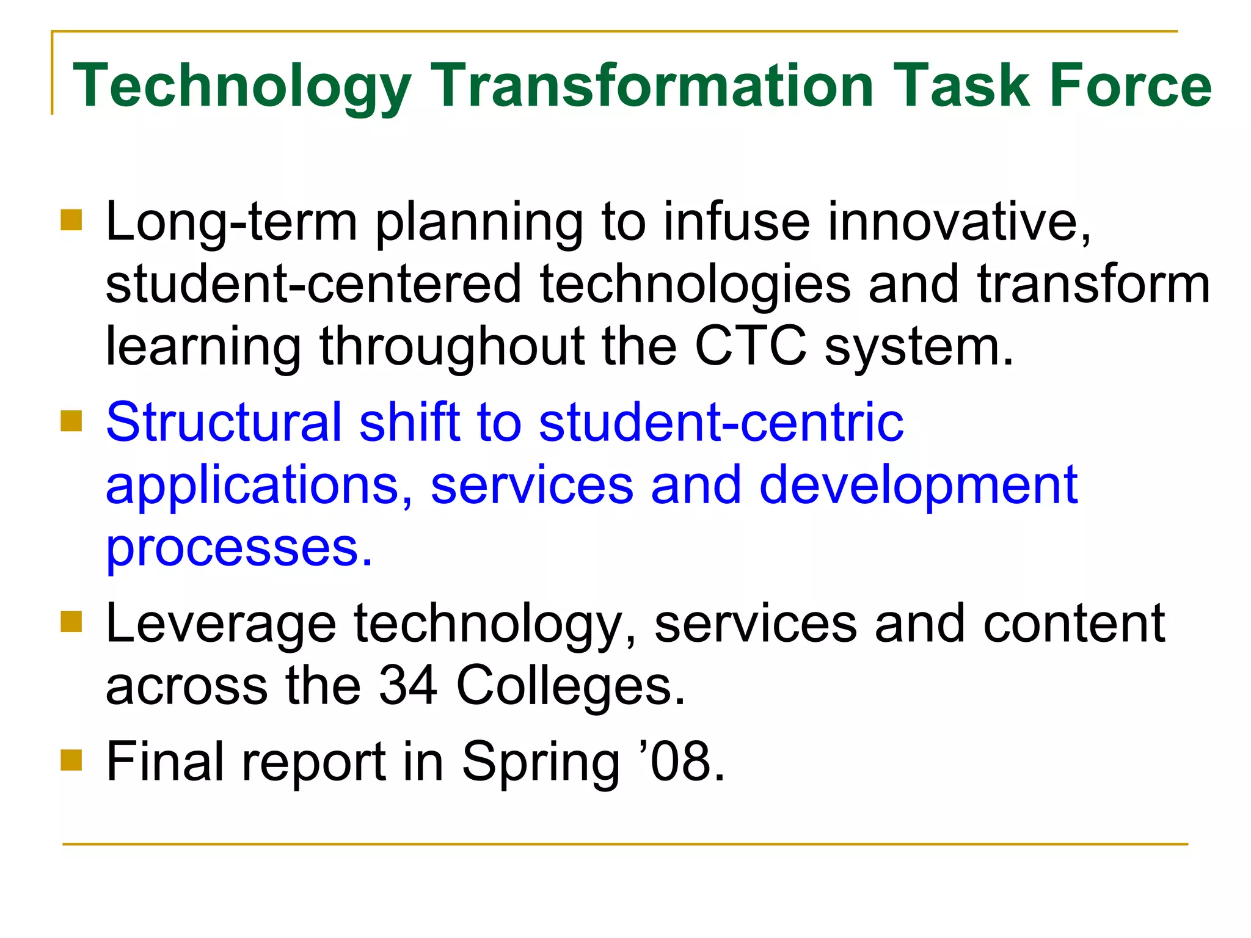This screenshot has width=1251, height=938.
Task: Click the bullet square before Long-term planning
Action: (x=71, y=220)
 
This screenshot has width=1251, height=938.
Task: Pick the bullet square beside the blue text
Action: (x=71, y=421)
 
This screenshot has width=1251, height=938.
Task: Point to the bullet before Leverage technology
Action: (x=71, y=622)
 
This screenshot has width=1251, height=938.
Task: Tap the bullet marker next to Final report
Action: (x=71, y=760)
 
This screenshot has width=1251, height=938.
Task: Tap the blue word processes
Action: (x=239, y=548)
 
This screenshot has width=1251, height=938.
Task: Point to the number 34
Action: (x=408, y=686)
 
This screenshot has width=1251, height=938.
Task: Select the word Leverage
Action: (x=221, y=624)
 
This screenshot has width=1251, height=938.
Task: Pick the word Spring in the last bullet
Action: (x=540, y=763)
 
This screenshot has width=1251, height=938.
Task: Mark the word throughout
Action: (x=452, y=347)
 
